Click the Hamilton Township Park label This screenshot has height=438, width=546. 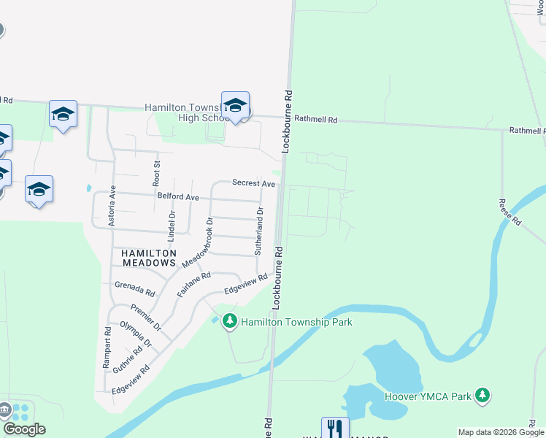[x=297, y=322]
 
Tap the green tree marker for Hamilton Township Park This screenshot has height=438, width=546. [x=230, y=320]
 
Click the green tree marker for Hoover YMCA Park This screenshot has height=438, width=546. [x=481, y=396]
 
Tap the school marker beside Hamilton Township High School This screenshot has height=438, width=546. [x=235, y=107]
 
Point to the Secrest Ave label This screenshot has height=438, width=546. [x=253, y=183]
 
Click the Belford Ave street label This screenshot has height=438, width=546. [x=178, y=197]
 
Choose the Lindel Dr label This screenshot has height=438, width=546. [x=172, y=226]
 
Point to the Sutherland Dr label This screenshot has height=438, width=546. [x=258, y=231]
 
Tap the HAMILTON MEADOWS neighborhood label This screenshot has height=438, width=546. [x=145, y=257]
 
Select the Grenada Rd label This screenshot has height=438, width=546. [x=135, y=288]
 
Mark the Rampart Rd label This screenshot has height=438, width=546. [x=107, y=346]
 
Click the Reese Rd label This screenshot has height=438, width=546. [x=509, y=212]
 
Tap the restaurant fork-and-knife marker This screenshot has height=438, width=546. [x=335, y=428]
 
